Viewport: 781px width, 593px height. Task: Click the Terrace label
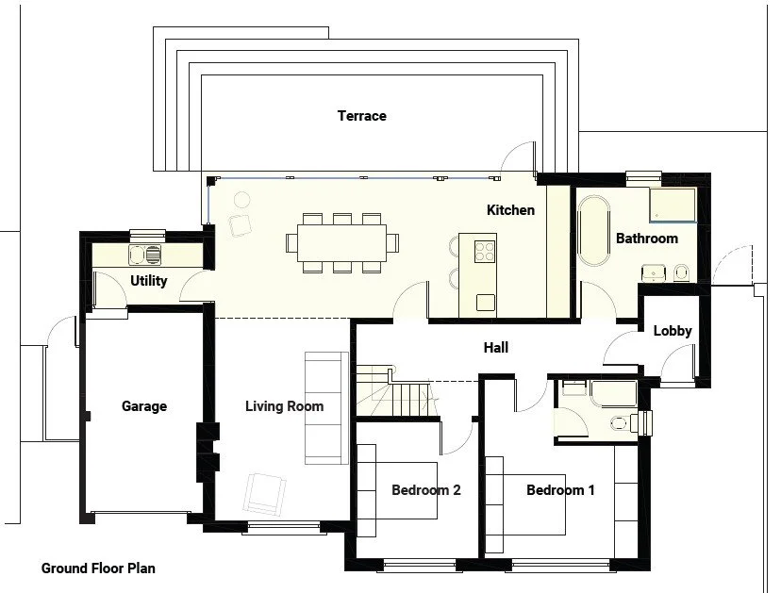coord(362,116)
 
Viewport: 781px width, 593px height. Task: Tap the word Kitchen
coord(510,210)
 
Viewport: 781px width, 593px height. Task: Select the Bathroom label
coord(646,239)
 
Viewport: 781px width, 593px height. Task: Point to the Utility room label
coord(148,281)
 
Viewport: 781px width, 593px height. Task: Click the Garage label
coord(144,406)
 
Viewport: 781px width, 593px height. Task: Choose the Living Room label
coord(284,406)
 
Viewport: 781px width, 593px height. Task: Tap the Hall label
coord(496,348)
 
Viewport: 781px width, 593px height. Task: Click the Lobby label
coord(673,331)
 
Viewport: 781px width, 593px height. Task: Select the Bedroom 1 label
coord(560,490)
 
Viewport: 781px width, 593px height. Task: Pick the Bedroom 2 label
coord(426,490)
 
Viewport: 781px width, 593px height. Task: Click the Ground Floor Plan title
coord(98,568)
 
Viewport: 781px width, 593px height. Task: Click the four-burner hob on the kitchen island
coord(484,251)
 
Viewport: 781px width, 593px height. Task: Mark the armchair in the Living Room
coord(264,493)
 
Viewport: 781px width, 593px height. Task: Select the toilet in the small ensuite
coord(622,421)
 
